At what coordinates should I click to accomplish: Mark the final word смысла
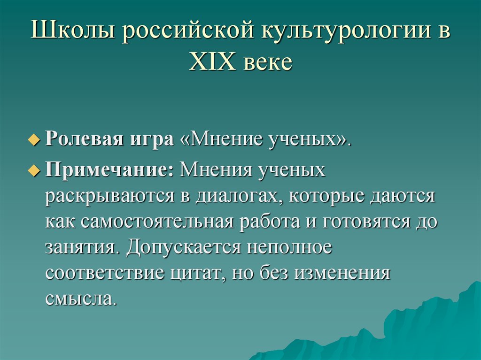pos(80,298)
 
